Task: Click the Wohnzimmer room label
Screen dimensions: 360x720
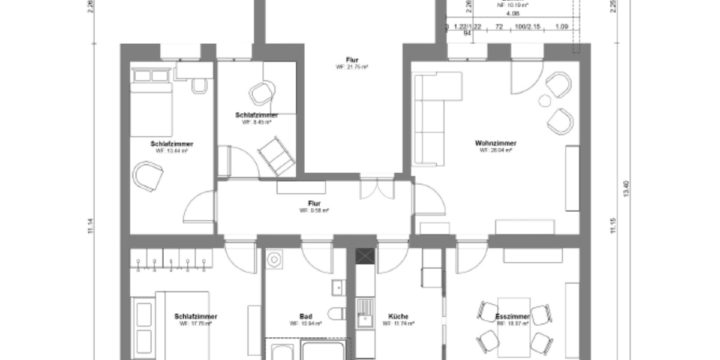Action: click(x=496, y=143)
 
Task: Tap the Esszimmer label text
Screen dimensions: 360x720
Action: click(x=513, y=316)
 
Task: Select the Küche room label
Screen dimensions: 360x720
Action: click(x=398, y=316)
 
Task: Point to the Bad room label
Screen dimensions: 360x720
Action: click(x=305, y=316)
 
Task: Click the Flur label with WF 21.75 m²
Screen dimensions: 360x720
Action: click(x=352, y=59)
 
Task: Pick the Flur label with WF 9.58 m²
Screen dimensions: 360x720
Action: click(x=314, y=204)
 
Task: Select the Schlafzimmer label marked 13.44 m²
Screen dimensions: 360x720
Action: click(x=172, y=144)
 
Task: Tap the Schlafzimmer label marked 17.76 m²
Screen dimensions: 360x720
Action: click(x=196, y=316)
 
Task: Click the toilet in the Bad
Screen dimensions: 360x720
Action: click(x=337, y=314)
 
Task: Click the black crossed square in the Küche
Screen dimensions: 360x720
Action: click(x=364, y=256)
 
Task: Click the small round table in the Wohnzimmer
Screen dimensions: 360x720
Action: click(x=545, y=100)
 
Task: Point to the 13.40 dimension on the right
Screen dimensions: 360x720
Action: click(x=626, y=189)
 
